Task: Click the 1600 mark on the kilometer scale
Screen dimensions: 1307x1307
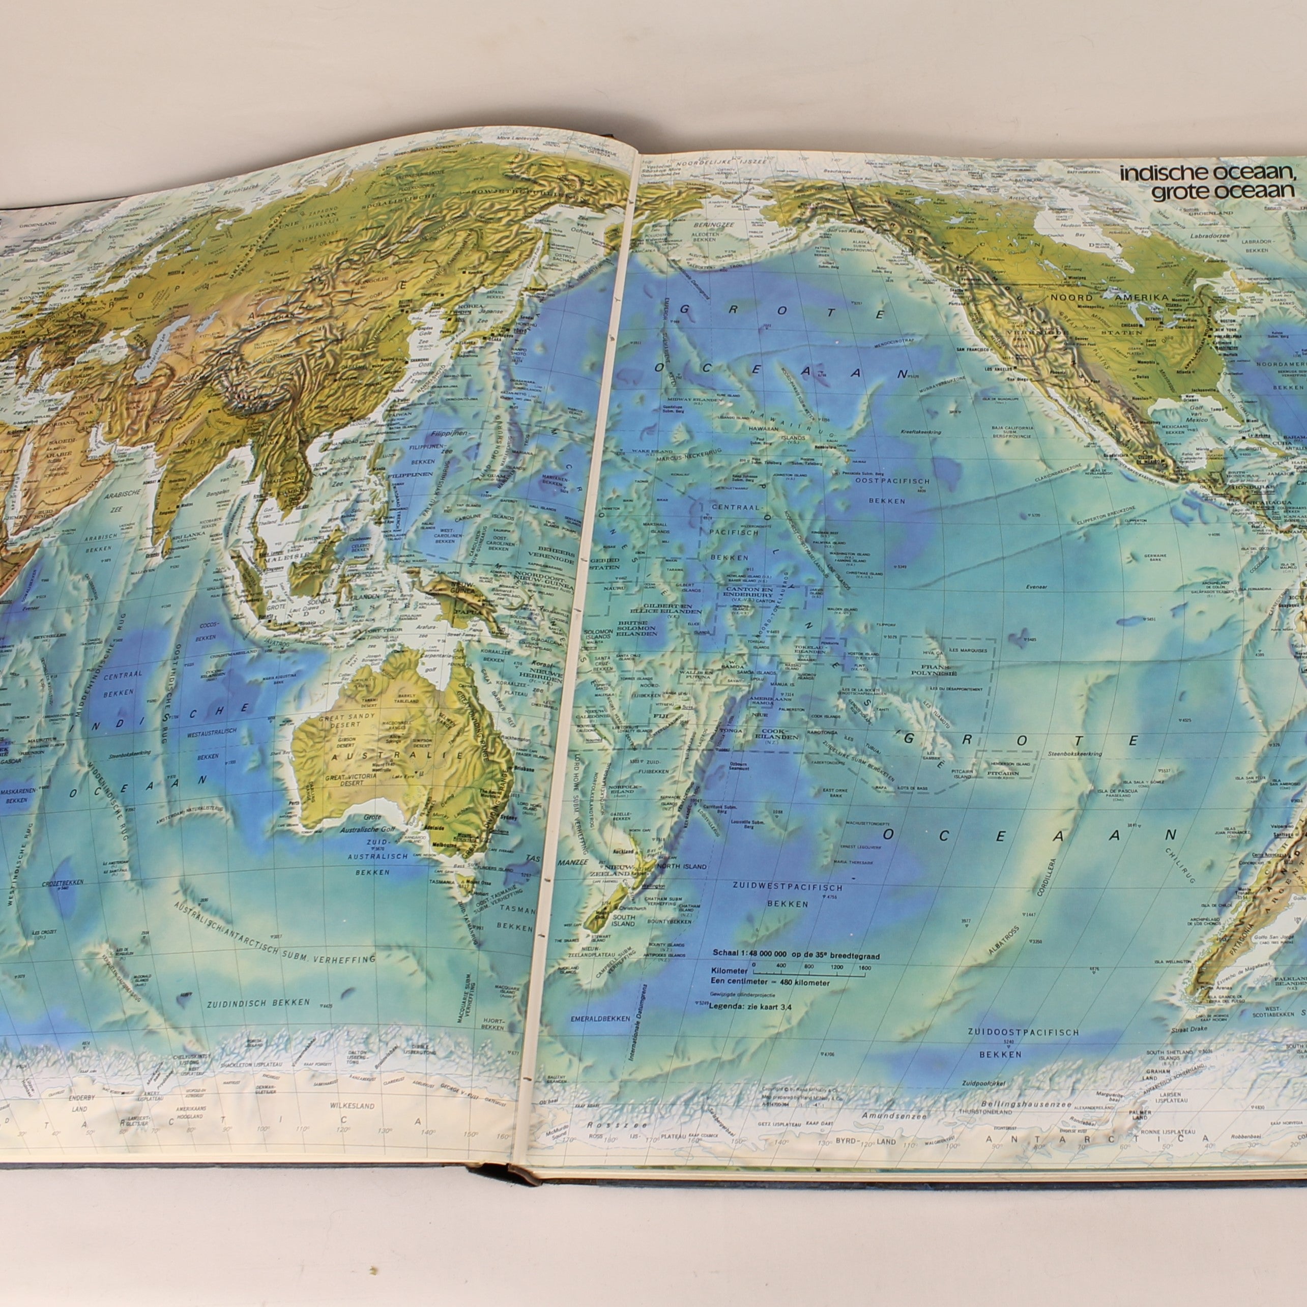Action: coord(864,967)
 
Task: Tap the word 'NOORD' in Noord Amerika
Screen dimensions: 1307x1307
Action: coord(1069,298)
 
